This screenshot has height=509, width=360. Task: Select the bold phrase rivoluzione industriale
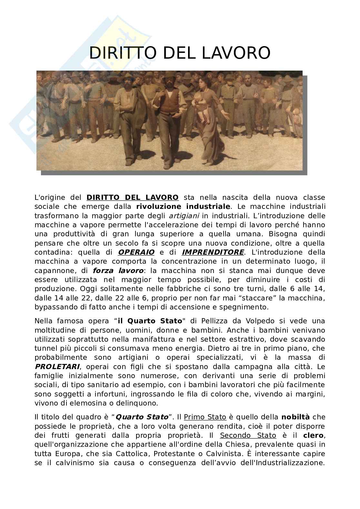(183, 206)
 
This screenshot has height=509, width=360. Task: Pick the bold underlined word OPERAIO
(136, 252)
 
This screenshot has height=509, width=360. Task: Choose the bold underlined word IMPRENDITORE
(213, 252)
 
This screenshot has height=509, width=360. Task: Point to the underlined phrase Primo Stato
(205, 417)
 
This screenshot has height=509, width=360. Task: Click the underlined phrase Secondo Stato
(248, 436)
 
